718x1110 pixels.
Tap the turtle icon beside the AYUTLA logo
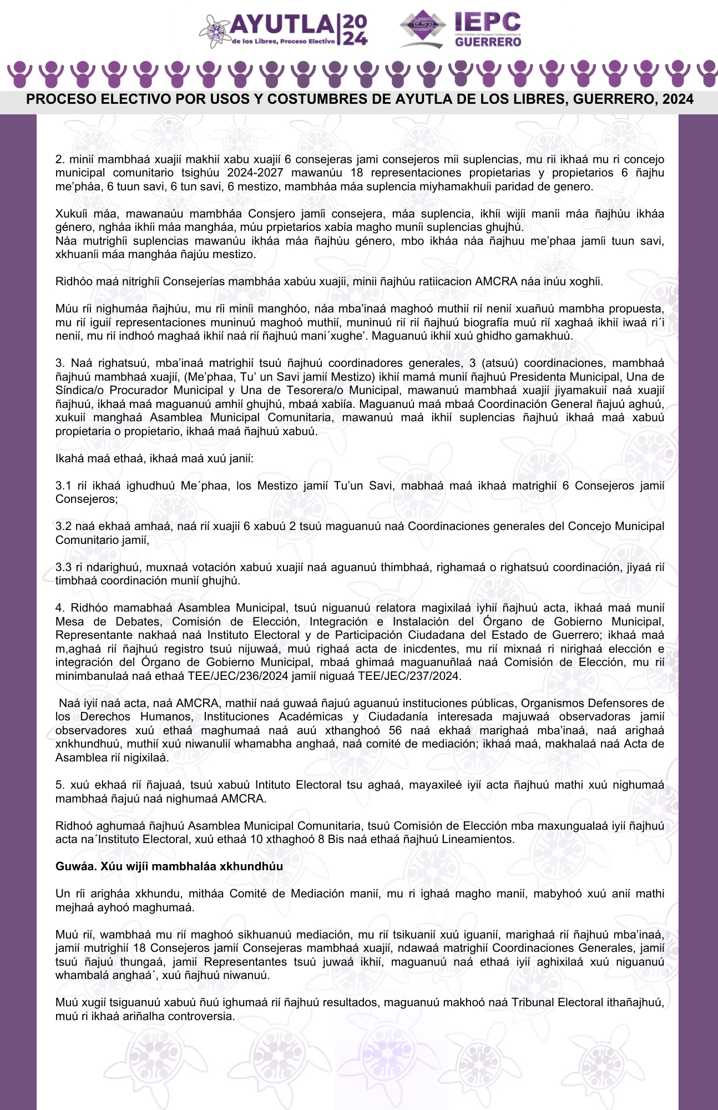[x=214, y=31]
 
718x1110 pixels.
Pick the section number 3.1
[x=63, y=486]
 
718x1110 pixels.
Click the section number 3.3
[x=63, y=567]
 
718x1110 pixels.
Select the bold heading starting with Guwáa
[x=169, y=866]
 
